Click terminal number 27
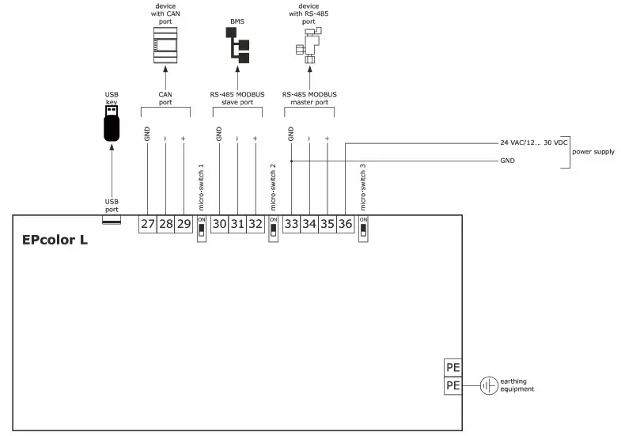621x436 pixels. click(x=148, y=225)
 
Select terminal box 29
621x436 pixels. click(x=184, y=225)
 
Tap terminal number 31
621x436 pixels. click(x=237, y=225)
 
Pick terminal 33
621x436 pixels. click(x=292, y=225)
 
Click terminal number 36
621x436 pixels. click(x=345, y=225)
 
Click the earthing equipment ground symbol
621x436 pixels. click(x=488, y=386)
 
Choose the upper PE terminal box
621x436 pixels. click(x=453, y=368)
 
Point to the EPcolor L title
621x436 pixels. click(x=55, y=240)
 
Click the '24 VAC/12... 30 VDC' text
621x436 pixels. click(x=534, y=143)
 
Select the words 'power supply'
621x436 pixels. click(x=593, y=151)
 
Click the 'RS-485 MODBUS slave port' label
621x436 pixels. click(x=237, y=98)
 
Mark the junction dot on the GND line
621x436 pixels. click(x=292, y=161)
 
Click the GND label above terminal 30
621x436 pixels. click(x=219, y=135)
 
